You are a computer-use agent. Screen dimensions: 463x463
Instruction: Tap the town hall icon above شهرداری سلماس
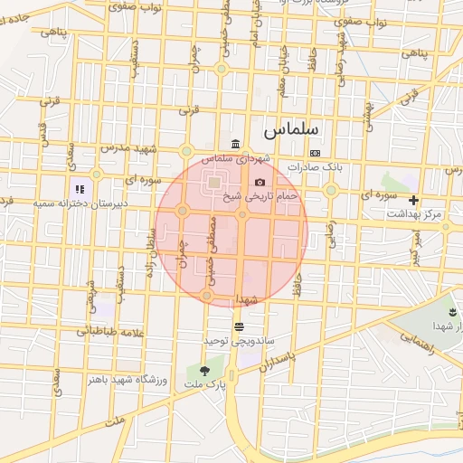(235, 144)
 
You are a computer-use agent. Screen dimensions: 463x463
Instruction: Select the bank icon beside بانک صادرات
(314, 153)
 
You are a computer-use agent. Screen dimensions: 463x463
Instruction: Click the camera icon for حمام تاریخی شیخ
(260, 182)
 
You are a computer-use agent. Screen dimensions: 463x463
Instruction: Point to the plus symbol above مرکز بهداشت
(413, 200)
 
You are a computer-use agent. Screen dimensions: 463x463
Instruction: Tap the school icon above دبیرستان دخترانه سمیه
(80, 190)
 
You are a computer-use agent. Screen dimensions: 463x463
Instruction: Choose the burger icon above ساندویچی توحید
(239, 326)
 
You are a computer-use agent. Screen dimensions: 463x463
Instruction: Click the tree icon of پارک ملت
(203, 370)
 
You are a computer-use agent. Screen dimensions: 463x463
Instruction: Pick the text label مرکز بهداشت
(414, 214)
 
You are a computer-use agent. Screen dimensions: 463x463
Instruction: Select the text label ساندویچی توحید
(239, 341)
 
